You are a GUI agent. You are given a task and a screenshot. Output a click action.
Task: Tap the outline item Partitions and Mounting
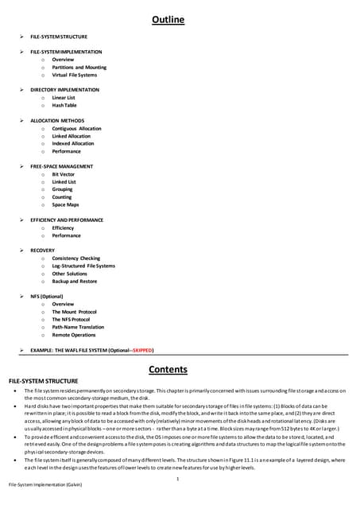pyautogui.click(x=79, y=68)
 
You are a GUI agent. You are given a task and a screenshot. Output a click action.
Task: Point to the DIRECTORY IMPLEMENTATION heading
pyautogui.click(x=65, y=90)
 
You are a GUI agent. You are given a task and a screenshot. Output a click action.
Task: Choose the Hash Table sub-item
pyautogui.click(x=64, y=105)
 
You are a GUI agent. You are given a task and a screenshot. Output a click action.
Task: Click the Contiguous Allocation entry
pyautogui.click(x=76, y=128)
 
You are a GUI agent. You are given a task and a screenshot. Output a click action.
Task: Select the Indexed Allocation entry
pyautogui.click(x=73, y=143)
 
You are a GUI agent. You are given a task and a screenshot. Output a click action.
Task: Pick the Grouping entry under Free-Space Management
pyautogui.click(x=63, y=189)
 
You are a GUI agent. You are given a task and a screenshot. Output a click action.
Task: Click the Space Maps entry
pyautogui.click(x=65, y=204)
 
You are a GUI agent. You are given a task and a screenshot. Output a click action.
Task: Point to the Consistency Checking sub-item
pyautogui.click(x=76, y=258)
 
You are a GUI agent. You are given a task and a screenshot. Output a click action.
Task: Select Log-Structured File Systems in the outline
pyautogui.click(x=83, y=266)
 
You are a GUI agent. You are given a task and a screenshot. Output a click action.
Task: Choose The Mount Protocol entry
pyautogui.click(x=74, y=312)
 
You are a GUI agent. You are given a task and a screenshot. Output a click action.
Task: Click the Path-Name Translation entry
pyautogui.click(x=78, y=327)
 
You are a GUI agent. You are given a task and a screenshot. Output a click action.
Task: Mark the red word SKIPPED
pyautogui.click(x=141, y=350)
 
